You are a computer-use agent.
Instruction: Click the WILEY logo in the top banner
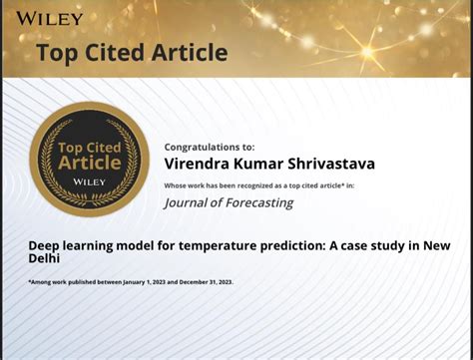point(48,18)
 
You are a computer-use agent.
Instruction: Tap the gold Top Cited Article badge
point(88,160)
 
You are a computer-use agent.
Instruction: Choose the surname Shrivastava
point(327,164)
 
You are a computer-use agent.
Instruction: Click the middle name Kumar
point(259,164)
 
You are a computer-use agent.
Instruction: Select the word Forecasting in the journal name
point(257,203)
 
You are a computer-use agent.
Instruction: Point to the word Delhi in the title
point(45,257)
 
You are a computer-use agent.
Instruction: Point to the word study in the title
point(375,245)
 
